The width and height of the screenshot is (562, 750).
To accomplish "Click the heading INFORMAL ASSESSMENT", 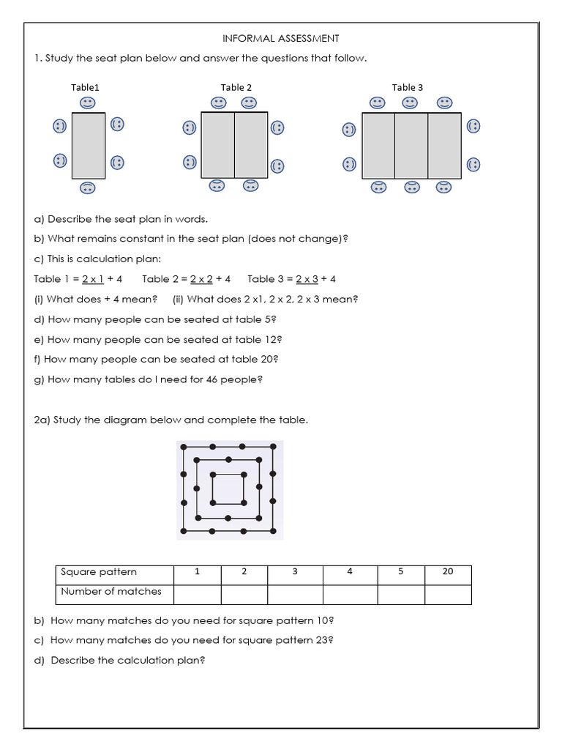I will point(281,38).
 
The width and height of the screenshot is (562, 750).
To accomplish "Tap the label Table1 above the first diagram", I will point(85,87).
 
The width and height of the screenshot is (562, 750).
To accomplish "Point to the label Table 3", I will point(408,87).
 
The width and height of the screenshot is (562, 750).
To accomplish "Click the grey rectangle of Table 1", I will point(88,145).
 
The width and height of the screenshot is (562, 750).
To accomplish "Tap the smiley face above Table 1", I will point(87,102).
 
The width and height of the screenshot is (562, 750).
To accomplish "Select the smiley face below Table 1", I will point(87,187).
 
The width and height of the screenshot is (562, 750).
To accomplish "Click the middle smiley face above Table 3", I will point(410,103).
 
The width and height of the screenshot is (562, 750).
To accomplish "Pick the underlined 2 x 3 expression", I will point(307,279).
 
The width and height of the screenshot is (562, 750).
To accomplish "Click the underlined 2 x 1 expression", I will point(93,279).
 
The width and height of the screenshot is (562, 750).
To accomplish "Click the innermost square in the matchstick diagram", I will point(228,489).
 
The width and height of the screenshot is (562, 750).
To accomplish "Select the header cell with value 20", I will point(448,572).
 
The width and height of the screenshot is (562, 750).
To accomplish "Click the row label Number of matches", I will point(111,592).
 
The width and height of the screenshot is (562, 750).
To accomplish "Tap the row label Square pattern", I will point(99,572).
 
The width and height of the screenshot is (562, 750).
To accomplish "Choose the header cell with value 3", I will point(295,572).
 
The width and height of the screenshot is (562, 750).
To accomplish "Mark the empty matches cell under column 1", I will point(197,594).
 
